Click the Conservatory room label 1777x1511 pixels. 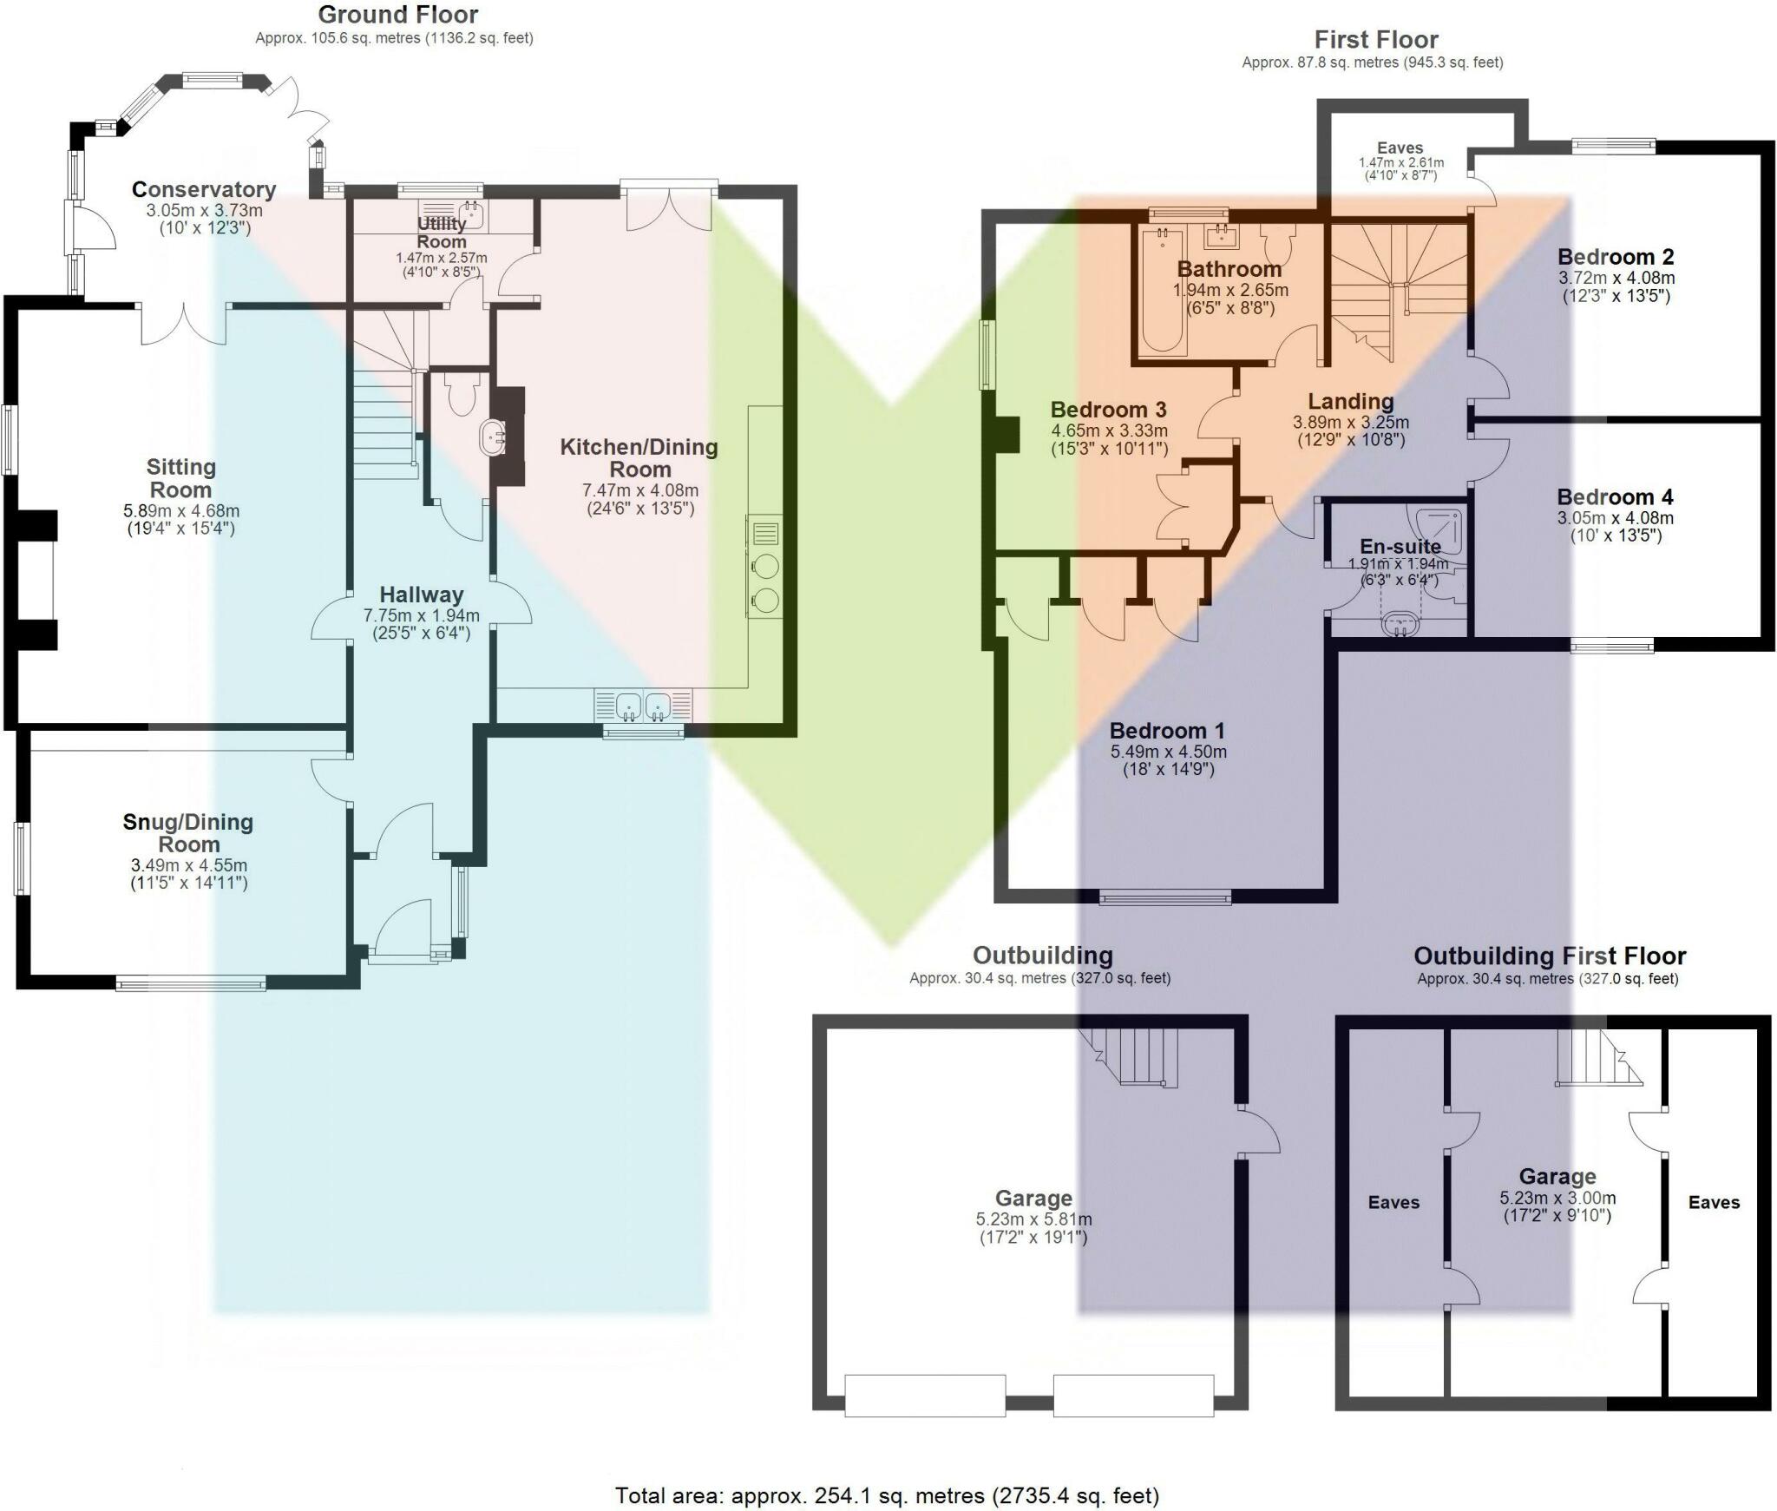(x=204, y=189)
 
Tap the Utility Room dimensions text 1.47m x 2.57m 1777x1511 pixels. (x=441, y=258)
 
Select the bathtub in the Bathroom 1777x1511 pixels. (x=1162, y=291)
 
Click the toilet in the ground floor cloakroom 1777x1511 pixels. (x=461, y=395)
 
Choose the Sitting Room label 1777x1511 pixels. (x=180, y=478)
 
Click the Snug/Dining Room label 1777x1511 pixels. (x=188, y=833)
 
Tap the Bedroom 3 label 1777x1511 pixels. (x=1108, y=410)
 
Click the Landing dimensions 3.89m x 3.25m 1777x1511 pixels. (x=1350, y=423)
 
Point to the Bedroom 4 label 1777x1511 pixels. (x=1615, y=497)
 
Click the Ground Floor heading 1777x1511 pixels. (x=397, y=15)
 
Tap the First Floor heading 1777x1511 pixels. (x=1375, y=40)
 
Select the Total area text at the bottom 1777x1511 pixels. (x=887, y=1495)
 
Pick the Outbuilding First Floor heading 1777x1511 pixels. (x=1549, y=956)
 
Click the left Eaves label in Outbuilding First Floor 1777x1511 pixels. (x=1393, y=1202)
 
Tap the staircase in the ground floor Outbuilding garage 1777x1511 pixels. (x=1137, y=1057)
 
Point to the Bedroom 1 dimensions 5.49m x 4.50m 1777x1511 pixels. (x=1168, y=752)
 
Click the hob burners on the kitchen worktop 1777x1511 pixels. (x=764, y=582)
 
